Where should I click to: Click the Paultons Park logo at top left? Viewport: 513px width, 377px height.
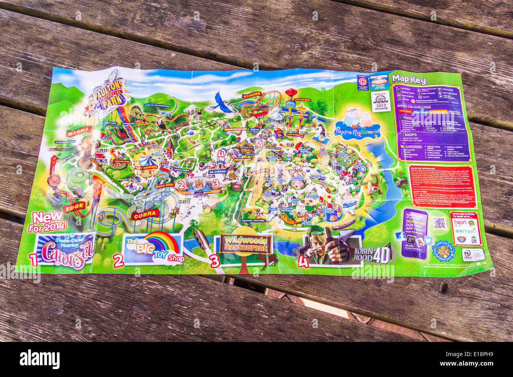pyautogui.click(x=109, y=93)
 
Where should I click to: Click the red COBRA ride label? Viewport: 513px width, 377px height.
pyautogui.click(x=146, y=214)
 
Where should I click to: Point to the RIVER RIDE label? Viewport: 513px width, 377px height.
pyautogui.click(x=165, y=185)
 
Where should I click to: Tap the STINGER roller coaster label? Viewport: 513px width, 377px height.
pyautogui.click(x=252, y=95)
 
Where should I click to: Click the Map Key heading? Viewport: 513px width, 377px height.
pyautogui.click(x=409, y=80)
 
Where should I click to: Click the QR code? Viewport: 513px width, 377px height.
pyautogui.click(x=439, y=223)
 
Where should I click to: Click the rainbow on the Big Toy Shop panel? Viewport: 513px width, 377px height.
pyautogui.click(x=161, y=241)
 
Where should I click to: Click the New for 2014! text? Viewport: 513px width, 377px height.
pyautogui.click(x=48, y=221)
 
